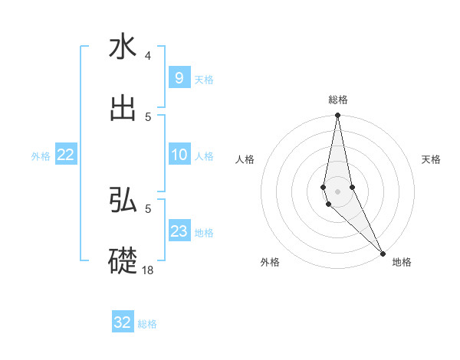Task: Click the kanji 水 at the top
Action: [123, 47]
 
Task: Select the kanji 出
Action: [123, 109]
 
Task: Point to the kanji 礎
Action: [123, 259]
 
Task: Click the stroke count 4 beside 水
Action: [148, 56]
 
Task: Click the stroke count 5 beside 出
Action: [148, 116]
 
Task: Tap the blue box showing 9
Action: [179, 78]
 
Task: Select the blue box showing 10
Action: [179, 155]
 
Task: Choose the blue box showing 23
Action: [179, 231]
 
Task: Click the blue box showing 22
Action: [65, 155]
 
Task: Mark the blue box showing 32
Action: [123, 322]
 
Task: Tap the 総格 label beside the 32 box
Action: [147, 323]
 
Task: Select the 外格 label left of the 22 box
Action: [41, 156]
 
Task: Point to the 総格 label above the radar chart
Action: [338, 100]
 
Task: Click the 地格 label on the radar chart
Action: [402, 262]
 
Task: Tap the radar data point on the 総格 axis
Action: [337, 116]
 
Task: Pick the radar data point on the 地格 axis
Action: [383, 252]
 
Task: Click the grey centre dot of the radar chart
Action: [337, 191]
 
